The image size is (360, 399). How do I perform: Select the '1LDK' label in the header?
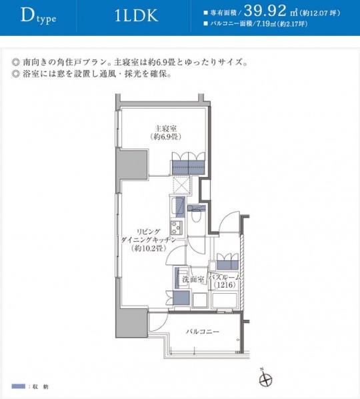pyautogui.click(x=136, y=17)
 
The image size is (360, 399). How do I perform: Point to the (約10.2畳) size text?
pyautogui.click(x=147, y=248)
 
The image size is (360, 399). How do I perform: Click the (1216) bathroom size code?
pyautogui.click(x=224, y=286)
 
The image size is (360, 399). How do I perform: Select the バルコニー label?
pyautogui.click(x=203, y=331)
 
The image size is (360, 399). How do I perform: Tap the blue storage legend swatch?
pyautogui.click(x=17, y=386)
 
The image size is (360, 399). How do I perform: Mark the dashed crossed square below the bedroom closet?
pyautogui.click(x=182, y=184)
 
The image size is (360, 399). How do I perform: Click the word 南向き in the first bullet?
pyautogui.click(x=35, y=63)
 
